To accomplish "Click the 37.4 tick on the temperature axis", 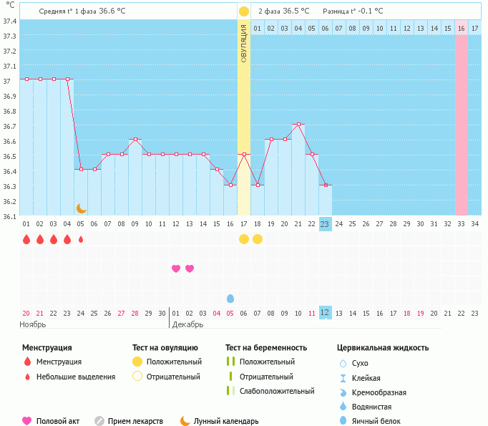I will pos(9,21).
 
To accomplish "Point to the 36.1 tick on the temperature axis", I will pos(9,216).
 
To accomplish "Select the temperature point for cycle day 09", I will pos(135,140).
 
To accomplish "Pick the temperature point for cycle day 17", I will pos(244,155).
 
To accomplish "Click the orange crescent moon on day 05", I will pos(81,208).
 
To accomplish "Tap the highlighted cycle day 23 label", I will pos(325,224).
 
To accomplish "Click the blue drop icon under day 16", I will pos(230,299).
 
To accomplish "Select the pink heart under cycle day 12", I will pos(176,268).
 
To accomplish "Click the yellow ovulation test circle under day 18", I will pos(258,239).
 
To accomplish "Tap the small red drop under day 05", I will pos(81,239).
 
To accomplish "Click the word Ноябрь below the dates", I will pos(33,324).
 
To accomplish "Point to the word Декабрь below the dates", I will pos(187,324).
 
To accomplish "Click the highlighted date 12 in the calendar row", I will pos(325,313).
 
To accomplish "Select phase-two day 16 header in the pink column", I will pos(461,28).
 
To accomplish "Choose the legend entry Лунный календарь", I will pos(225,422).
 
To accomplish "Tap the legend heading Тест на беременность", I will pos(266,348).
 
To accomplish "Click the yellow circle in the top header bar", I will pos(244,11).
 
